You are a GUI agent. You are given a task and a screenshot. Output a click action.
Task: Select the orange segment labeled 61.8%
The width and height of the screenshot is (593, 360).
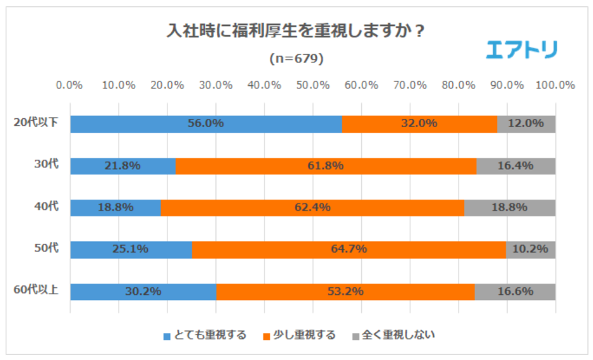[x=325, y=166]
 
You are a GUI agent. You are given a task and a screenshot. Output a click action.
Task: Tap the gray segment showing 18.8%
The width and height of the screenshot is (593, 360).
[x=510, y=208]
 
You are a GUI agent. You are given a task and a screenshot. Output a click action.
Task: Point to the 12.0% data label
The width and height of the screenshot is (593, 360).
[x=526, y=124]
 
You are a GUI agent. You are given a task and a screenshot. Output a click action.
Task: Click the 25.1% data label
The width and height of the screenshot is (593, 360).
[x=130, y=249]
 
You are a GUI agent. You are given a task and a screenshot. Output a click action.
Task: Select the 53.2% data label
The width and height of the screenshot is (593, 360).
[x=345, y=292]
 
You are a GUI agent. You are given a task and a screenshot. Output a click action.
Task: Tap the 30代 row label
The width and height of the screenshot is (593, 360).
[x=46, y=165]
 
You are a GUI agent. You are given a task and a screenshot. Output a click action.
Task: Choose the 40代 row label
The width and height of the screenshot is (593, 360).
[x=46, y=207]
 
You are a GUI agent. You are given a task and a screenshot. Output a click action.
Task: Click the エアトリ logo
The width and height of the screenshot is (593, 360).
[x=521, y=49]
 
